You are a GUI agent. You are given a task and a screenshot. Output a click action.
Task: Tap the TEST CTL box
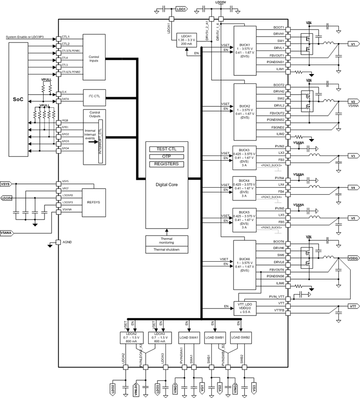(x=166, y=149)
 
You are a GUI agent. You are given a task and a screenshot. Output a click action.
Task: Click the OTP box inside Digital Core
(x=166, y=156)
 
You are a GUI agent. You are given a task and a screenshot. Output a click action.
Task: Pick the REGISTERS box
(x=166, y=164)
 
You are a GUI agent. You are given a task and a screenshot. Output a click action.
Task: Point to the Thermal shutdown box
(x=166, y=249)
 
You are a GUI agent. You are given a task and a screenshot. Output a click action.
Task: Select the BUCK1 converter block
(x=245, y=51)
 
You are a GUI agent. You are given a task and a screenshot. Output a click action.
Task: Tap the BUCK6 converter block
(x=245, y=265)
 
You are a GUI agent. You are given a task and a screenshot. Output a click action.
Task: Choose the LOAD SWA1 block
(x=189, y=337)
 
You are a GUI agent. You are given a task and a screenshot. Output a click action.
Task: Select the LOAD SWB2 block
(x=241, y=337)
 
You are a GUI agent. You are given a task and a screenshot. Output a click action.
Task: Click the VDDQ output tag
(x=353, y=258)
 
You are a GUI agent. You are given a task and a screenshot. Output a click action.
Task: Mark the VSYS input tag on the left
(x=6, y=184)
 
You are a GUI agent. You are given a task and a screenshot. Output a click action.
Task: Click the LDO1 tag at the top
(x=181, y=9)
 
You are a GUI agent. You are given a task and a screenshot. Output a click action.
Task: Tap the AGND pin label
(x=67, y=243)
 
